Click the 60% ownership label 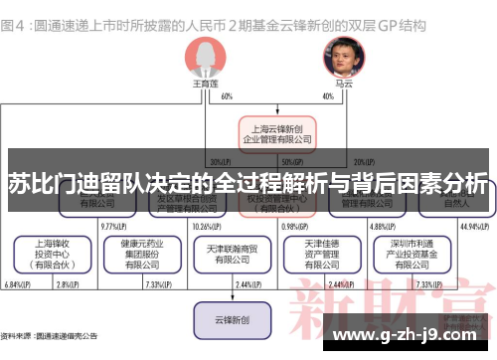click(228, 96)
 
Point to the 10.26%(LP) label click(208, 226)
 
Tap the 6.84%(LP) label click(16, 285)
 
